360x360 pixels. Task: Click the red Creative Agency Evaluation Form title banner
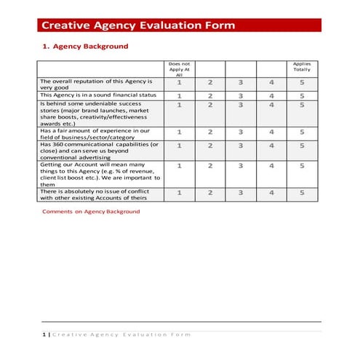click(x=178, y=25)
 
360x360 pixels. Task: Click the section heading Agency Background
click(x=89, y=47)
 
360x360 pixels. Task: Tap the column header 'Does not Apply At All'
click(x=179, y=69)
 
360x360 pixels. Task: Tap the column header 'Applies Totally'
click(x=301, y=67)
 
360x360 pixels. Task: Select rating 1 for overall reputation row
click(x=179, y=82)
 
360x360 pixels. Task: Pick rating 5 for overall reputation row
click(x=301, y=82)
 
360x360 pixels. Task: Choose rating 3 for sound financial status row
click(x=241, y=95)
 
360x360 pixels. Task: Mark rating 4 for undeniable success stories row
click(x=271, y=105)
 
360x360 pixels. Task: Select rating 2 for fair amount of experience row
click(x=210, y=132)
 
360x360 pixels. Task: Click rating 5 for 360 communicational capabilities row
click(x=301, y=145)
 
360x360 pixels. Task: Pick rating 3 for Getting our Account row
click(x=241, y=166)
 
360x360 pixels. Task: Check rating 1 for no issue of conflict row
click(x=179, y=193)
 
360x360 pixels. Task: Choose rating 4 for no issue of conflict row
click(x=271, y=193)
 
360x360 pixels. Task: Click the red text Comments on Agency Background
click(x=91, y=212)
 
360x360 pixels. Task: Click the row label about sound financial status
click(x=98, y=95)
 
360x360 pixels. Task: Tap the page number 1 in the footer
click(x=43, y=335)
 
